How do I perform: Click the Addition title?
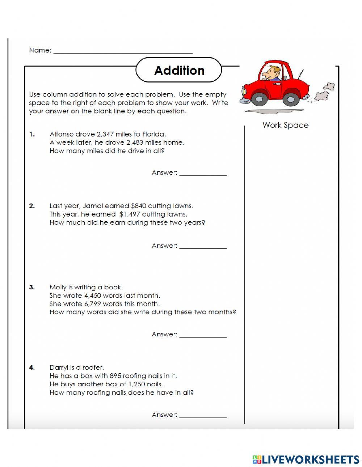coord(179,70)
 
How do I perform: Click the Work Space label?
coord(285,125)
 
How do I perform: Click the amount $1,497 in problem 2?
coord(130,214)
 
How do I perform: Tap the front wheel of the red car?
coord(258,98)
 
